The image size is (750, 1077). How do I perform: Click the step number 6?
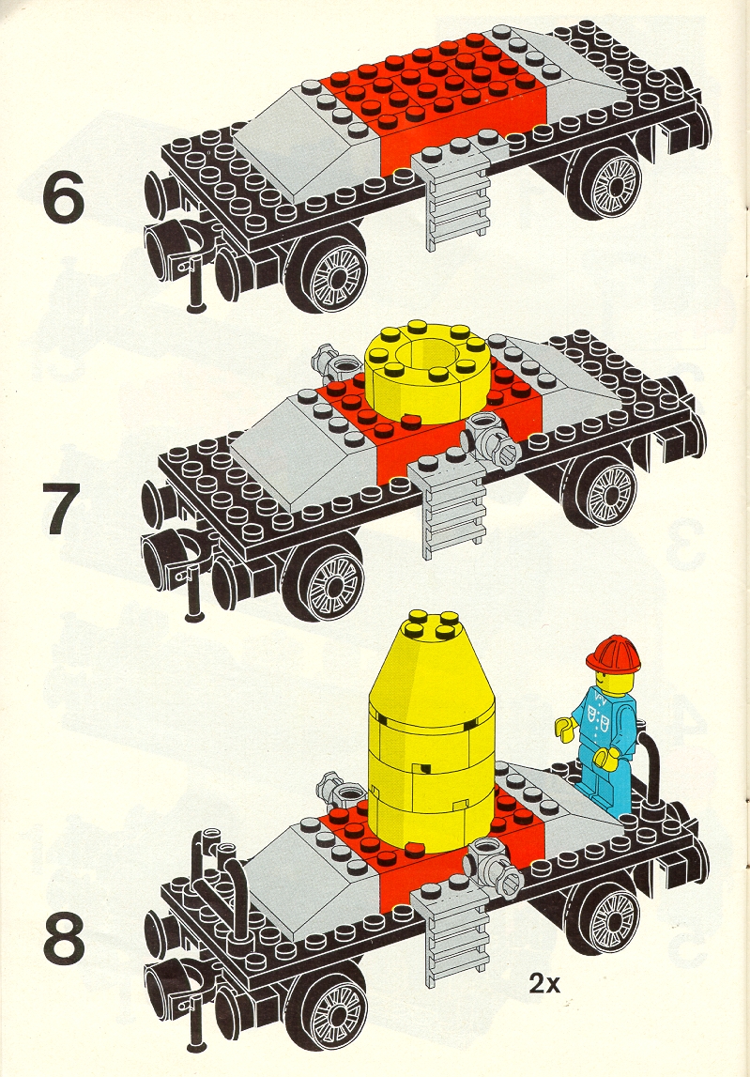coord(63,197)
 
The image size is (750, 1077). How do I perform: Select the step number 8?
coord(64,938)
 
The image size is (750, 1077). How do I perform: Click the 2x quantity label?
coord(543,984)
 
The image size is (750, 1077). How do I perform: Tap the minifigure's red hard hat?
coord(613,653)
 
